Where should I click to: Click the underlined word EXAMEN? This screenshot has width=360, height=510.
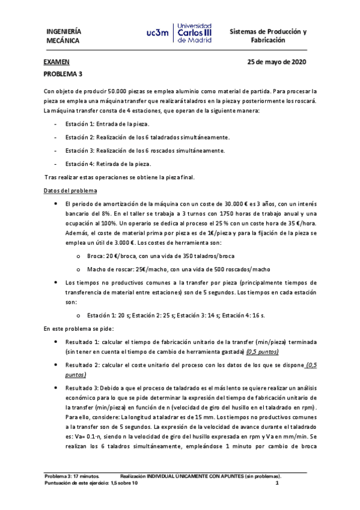point(56,62)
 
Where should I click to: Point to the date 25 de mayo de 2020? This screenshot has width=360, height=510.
point(277,62)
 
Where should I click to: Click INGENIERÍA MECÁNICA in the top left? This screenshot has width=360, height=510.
point(64,35)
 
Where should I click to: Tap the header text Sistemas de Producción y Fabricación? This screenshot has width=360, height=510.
point(269,35)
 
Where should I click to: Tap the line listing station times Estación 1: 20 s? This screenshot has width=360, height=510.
point(175,315)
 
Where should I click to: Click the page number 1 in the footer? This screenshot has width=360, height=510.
point(277,483)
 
